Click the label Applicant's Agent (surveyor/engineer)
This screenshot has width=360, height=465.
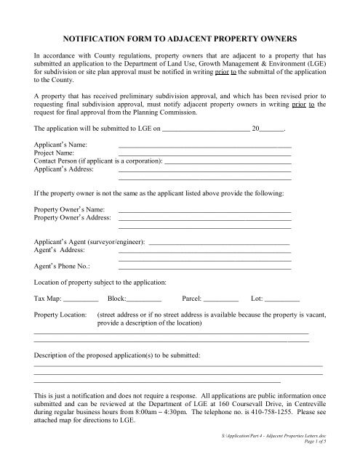[89, 241]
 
